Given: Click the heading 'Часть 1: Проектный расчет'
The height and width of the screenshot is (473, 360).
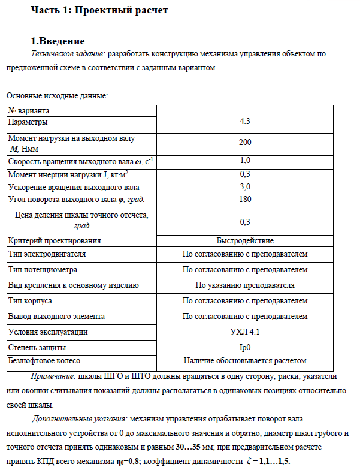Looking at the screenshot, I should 99,10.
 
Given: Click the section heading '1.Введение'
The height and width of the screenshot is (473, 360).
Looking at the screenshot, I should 58,41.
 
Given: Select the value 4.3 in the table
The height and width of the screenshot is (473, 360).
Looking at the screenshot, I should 244,121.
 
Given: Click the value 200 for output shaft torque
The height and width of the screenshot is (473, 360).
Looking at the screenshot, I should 244,143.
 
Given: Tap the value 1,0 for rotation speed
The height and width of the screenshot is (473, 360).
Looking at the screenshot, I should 244,161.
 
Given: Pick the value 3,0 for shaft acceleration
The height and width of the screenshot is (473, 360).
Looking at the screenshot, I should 244,187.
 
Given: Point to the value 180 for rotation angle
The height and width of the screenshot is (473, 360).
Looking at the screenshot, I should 244,199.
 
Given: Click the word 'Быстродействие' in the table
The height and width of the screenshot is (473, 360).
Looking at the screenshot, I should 244,240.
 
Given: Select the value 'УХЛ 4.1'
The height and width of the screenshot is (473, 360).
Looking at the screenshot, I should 244,331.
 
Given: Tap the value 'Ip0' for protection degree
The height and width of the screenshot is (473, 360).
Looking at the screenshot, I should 244,347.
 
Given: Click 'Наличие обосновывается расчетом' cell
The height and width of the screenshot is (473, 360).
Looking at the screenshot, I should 244,361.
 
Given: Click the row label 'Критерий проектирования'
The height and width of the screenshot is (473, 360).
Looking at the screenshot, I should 55,240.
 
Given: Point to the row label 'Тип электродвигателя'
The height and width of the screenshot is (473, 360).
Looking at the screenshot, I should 47,254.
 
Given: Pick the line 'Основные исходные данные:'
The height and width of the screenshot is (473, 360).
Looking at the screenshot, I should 57,96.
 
